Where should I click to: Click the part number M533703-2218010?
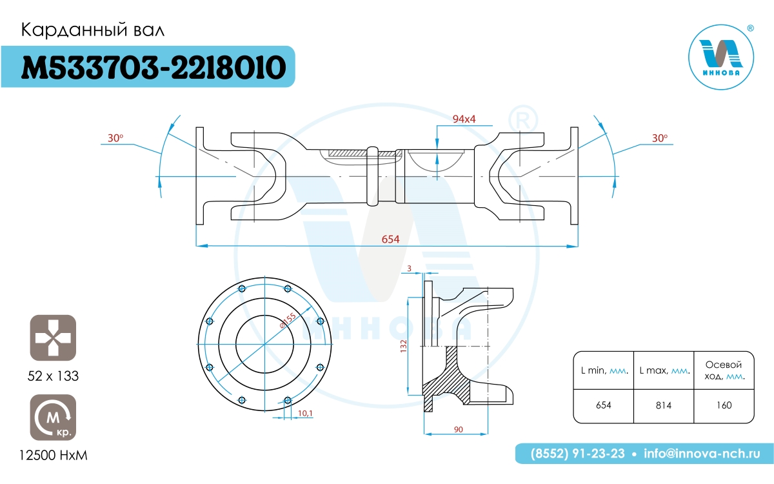(154, 67)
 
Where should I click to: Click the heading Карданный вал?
(93, 30)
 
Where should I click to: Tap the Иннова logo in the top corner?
(722, 57)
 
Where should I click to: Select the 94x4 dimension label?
(464, 119)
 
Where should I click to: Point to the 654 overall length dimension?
(390, 239)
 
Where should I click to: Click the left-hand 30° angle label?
(115, 138)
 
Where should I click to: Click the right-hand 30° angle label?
(660, 138)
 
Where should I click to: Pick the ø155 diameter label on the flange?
(288, 321)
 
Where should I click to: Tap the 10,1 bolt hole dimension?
(305, 413)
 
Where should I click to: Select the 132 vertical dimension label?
(404, 346)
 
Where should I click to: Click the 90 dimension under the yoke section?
(458, 429)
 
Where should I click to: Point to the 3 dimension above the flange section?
(410, 268)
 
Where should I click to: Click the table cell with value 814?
(664, 405)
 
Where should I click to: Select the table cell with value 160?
(724, 405)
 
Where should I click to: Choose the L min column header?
(604, 370)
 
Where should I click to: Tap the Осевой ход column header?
(724, 370)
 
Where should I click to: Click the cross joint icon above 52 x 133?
(53, 338)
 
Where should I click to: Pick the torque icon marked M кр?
(53, 418)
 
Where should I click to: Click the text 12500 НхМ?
(53, 456)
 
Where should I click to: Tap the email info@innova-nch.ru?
(702, 453)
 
